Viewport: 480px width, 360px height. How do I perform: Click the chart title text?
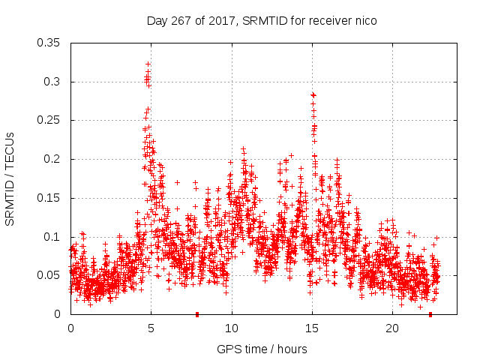coord(261,21)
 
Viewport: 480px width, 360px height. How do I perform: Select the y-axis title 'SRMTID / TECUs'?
coord(10,178)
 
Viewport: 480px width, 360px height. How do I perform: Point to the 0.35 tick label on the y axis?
coord(49,43)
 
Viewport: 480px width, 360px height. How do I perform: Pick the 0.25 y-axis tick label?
coord(49,120)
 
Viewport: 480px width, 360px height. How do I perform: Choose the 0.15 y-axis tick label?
coord(49,198)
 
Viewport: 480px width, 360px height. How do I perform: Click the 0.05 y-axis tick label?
coord(49,275)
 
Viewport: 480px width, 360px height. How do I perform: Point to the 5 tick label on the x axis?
coord(151,329)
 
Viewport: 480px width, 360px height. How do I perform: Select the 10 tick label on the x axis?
coord(232,329)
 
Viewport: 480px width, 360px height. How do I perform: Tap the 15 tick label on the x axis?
coord(312,329)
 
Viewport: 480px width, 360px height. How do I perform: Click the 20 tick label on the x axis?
coord(393,329)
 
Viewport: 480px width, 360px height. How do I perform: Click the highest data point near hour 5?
coord(148,64)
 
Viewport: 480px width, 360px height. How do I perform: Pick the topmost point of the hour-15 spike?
coord(313,94)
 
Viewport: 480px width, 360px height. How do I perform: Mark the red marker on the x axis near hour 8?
coord(197,314)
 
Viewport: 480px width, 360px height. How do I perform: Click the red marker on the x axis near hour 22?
coord(430,314)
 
